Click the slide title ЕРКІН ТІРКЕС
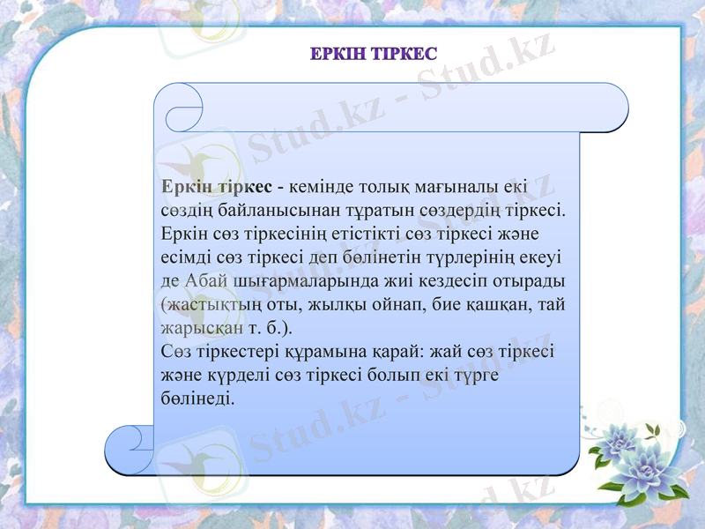[x=373, y=55]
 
